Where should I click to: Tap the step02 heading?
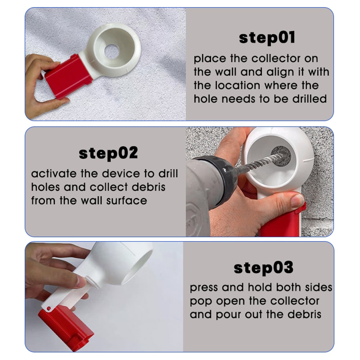(108, 153)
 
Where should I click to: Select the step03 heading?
(264, 268)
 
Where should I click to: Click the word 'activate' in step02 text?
(54, 174)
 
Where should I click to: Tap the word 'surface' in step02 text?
(126, 201)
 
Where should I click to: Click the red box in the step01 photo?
(68, 76)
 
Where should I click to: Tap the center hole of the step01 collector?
(112, 52)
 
